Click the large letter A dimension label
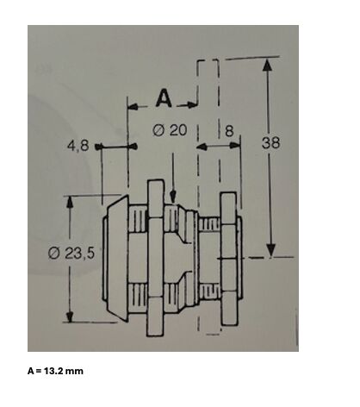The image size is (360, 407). click(x=164, y=98)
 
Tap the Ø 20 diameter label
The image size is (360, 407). click(x=170, y=130)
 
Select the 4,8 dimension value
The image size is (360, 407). click(x=78, y=146)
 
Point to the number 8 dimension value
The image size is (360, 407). click(x=229, y=131)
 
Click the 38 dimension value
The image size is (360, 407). click(x=270, y=142)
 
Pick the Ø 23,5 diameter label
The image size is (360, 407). click(x=71, y=254)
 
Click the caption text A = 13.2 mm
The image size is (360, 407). click(x=55, y=371)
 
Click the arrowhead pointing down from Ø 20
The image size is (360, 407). click(x=172, y=197)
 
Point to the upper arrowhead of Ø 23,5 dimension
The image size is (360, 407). click(x=69, y=202)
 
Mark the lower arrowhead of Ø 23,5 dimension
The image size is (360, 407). click(x=70, y=316)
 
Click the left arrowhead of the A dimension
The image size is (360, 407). click(x=133, y=107)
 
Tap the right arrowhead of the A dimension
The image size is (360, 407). click(x=192, y=104)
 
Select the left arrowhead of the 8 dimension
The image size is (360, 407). click(x=202, y=147)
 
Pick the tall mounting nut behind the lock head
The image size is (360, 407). click(x=155, y=258)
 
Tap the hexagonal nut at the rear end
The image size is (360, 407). click(x=229, y=259)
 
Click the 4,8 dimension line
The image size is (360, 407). click(x=116, y=147)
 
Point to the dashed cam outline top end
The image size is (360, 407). click(x=208, y=61)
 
